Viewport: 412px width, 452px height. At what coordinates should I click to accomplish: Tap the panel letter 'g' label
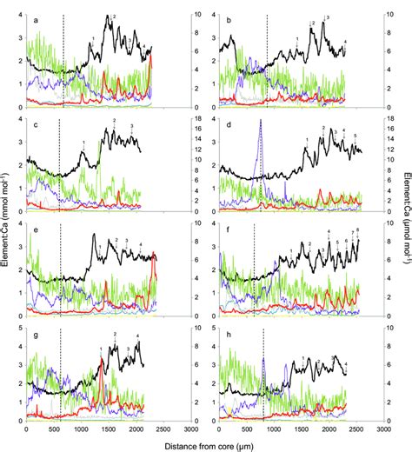click(35, 333)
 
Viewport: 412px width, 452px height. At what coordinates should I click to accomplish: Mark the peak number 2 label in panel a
click(114, 17)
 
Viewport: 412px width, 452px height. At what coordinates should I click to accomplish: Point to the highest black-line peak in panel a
click(108, 18)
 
